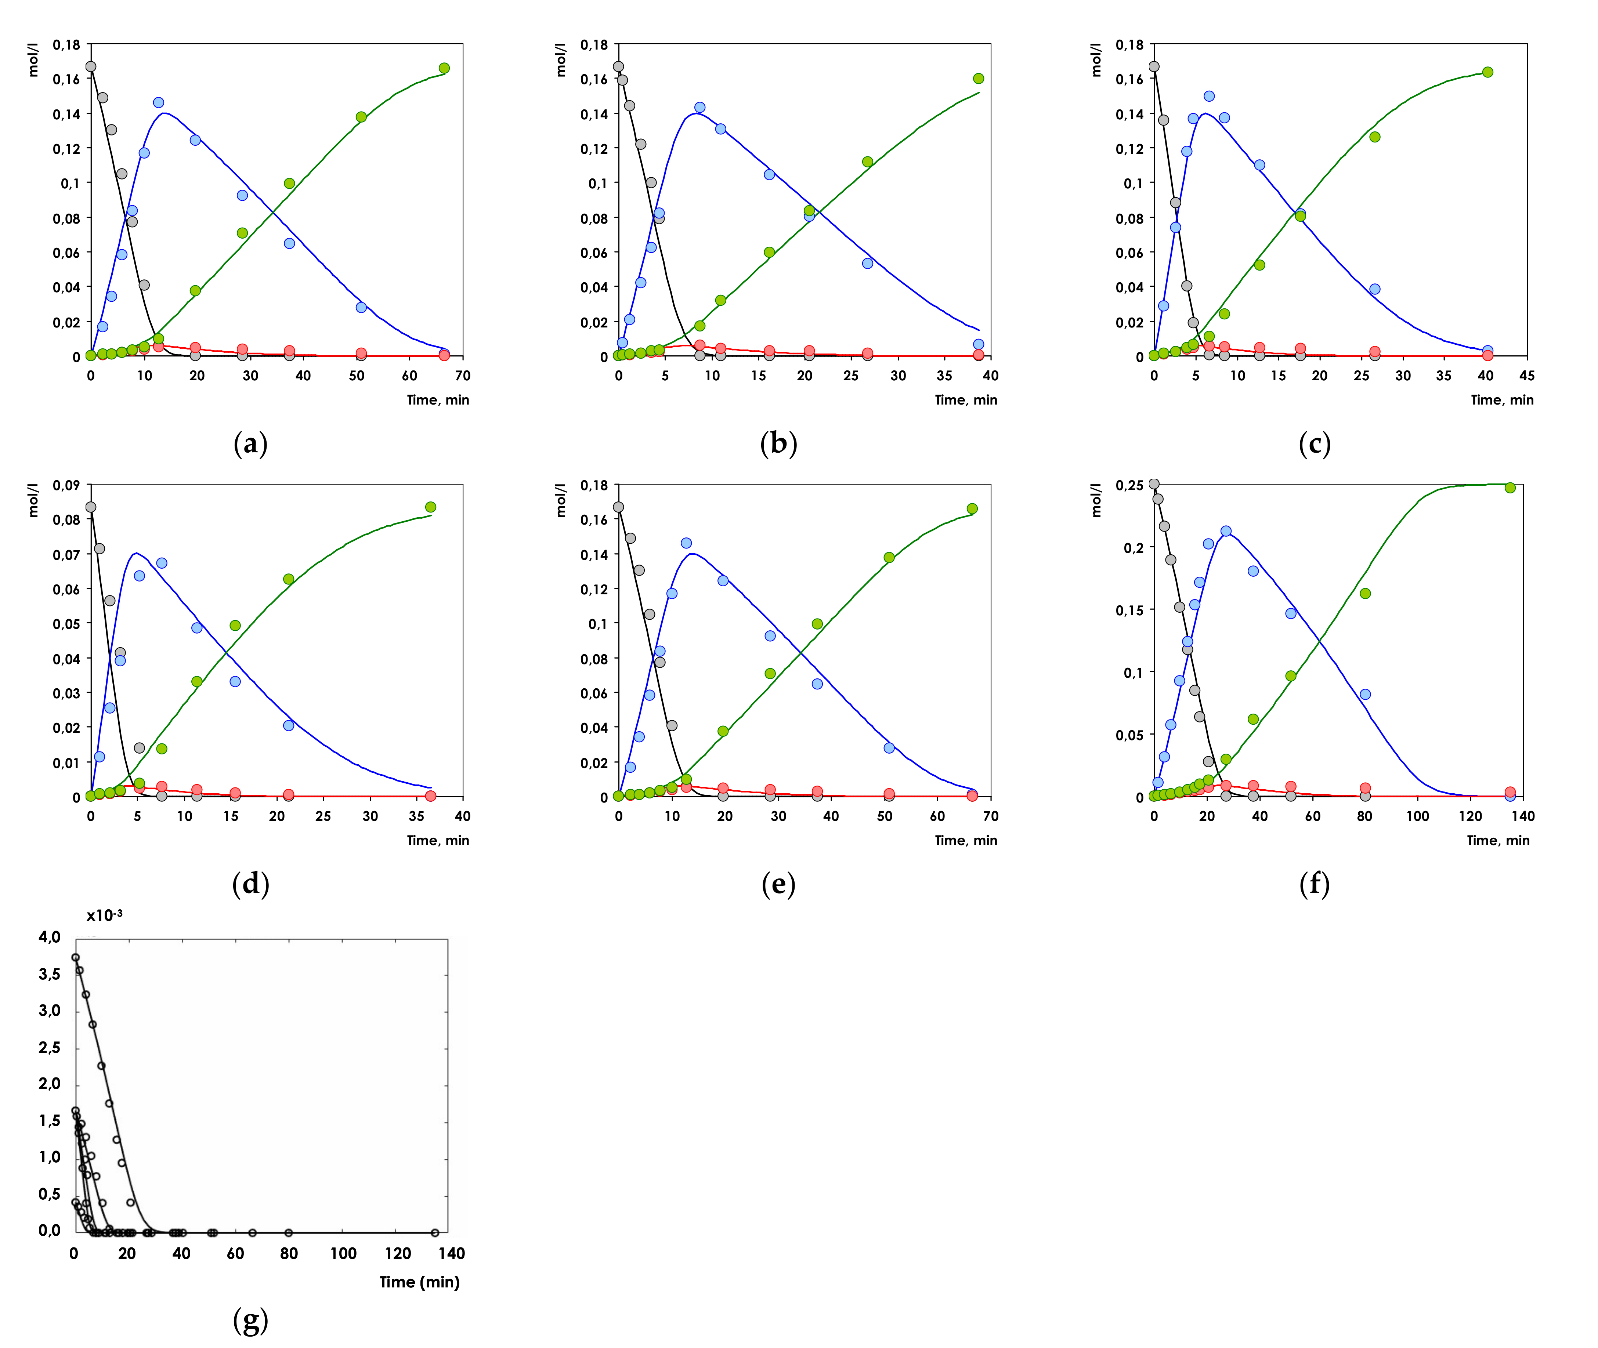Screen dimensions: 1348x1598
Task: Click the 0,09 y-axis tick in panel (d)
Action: tap(66, 485)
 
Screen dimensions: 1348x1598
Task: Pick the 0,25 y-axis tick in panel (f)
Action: tap(1129, 485)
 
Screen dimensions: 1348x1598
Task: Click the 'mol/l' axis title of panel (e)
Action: tap(561, 500)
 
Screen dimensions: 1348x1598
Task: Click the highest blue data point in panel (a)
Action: tap(158, 102)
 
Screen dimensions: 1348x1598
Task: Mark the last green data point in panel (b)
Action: tap(978, 79)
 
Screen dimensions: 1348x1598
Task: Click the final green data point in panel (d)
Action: tap(430, 507)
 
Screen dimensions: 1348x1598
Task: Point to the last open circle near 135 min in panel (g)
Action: tap(435, 1233)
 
